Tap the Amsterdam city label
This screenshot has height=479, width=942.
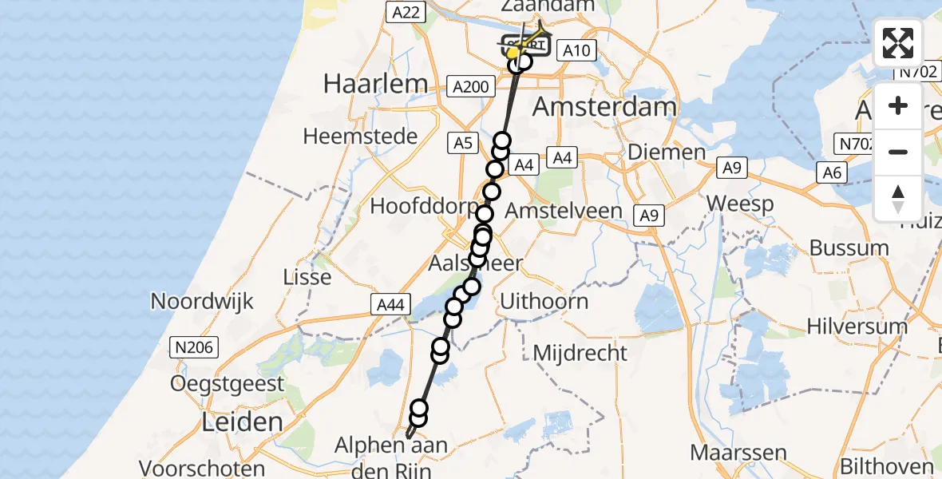point(604,106)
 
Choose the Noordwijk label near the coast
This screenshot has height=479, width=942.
point(202,302)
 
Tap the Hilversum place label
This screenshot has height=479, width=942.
point(857,326)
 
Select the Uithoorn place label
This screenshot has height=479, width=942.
point(544,302)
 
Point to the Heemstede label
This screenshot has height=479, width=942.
point(360,137)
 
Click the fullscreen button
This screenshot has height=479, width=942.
point(898,43)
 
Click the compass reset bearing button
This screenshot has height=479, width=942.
point(898,198)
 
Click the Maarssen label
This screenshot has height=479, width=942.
point(737,453)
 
